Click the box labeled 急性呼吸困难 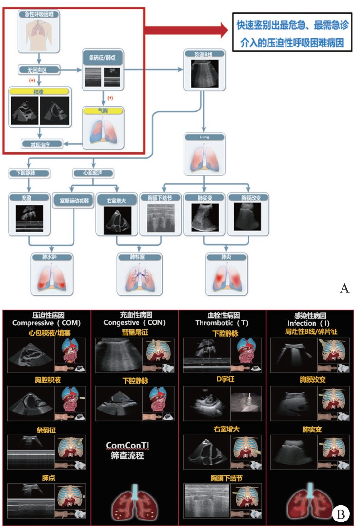(39, 15)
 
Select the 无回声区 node (39, 70)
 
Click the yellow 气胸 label (102, 110)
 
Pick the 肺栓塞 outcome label (139, 257)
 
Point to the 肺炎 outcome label (226, 257)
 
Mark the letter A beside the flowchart (344, 288)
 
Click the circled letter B (340, 514)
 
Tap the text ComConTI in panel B (126, 446)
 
